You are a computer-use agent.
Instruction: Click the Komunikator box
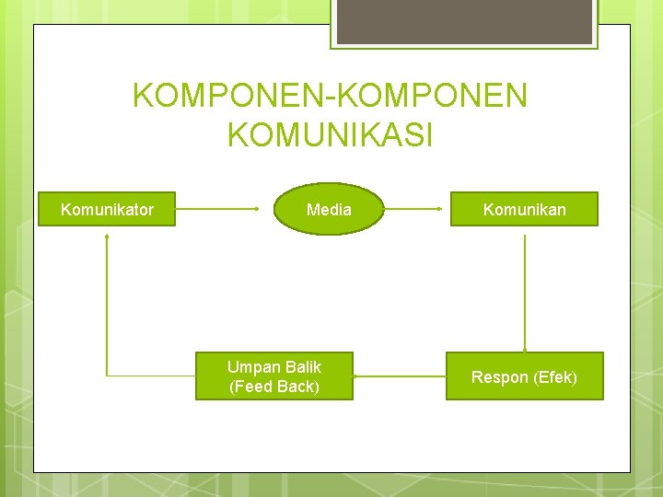pyautogui.click(x=107, y=210)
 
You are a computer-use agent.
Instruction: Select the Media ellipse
pyautogui.click(x=329, y=210)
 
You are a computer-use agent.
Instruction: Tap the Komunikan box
pyautogui.click(x=525, y=210)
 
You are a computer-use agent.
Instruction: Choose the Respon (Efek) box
pyautogui.click(x=525, y=376)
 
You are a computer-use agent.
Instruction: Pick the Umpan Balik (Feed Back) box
pyautogui.click(x=274, y=376)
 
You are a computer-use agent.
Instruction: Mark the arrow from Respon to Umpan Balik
pyautogui.click(x=399, y=376)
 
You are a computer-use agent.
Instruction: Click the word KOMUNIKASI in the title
pyautogui.click(x=330, y=135)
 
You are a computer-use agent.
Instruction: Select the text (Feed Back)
pyautogui.click(x=274, y=387)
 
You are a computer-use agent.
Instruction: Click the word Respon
pyautogui.click(x=500, y=377)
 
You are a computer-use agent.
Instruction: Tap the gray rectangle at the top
pyautogui.click(x=464, y=20)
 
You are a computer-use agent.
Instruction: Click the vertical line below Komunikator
pyautogui.click(x=107, y=304)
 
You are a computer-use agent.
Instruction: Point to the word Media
pyautogui.click(x=329, y=210)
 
